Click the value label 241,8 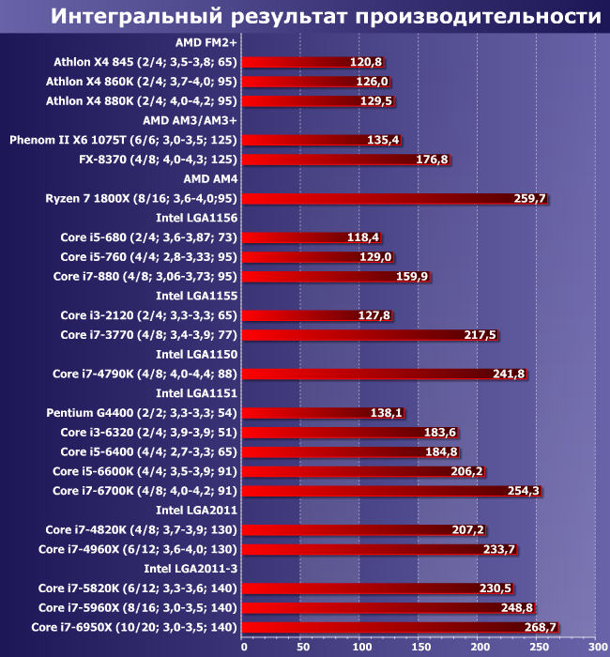pyautogui.click(x=509, y=374)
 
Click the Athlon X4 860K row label pyautogui.click(x=141, y=82)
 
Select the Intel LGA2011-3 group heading pyautogui.click(x=190, y=569)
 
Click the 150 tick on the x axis pyautogui.click(x=419, y=647)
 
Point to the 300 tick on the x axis pyautogui.click(x=596, y=647)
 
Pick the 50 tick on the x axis pyautogui.click(x=301, y=647)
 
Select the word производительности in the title pyautogui.click(x=478, y=16)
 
